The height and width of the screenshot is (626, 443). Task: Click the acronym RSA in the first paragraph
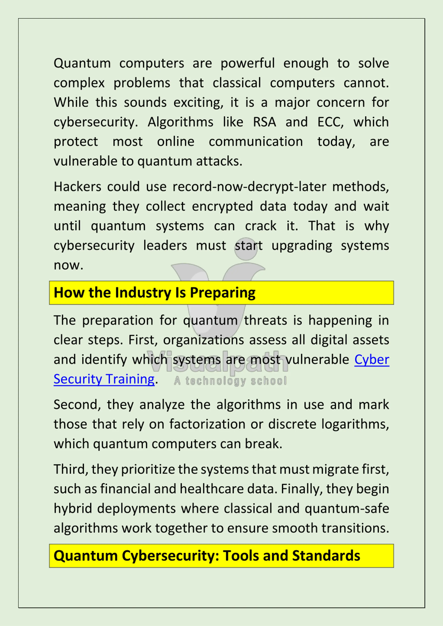point(264,122)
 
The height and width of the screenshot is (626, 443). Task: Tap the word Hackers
point(77,187)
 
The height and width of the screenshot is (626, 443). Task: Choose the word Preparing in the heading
point(223,293)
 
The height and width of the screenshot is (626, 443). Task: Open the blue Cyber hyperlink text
point(372,359)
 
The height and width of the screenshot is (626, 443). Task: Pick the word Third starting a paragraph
point(71,469)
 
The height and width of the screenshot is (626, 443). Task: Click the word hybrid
point(72,508)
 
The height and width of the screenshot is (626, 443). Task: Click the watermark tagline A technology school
point(230,381)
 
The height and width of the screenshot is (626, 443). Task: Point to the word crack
point(260,226)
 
